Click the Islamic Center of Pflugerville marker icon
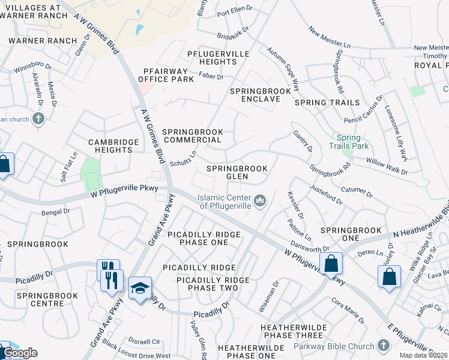[x=260, y=200]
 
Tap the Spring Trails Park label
[x=348, y=142]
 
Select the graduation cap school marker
[x=140, y=289]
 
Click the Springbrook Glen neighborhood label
[x=237, y=172]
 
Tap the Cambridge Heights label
[x=110, y=146]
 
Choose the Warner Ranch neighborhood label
[x=43, y=41]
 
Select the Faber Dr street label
[x=211, y=77]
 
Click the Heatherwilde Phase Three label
[x=292, y=331]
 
